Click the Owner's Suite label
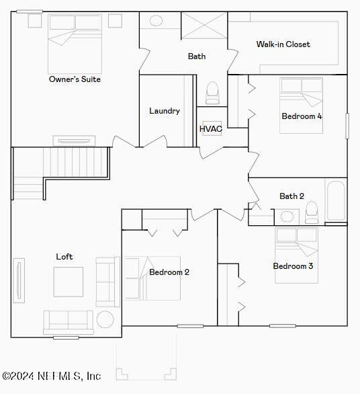tap(75, 79)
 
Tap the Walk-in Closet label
tap(283, 44)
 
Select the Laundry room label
tap(164, 111)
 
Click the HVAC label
tap(211, 128)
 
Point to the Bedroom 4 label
tap(302, 116)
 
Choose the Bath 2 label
tap(291, 196)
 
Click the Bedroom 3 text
tap(293, 266)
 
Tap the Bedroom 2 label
tap(169, 272)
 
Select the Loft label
tap(64, 257)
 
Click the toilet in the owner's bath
tap(212, 93)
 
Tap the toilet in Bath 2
tap(312, 213)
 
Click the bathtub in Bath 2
tap(335, 200)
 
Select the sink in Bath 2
tap(288, 216)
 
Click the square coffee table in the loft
tap(69, 282)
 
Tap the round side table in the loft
tap(105, 319)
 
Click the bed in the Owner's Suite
tap(74, 44)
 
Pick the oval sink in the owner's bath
tap(156, 21)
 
